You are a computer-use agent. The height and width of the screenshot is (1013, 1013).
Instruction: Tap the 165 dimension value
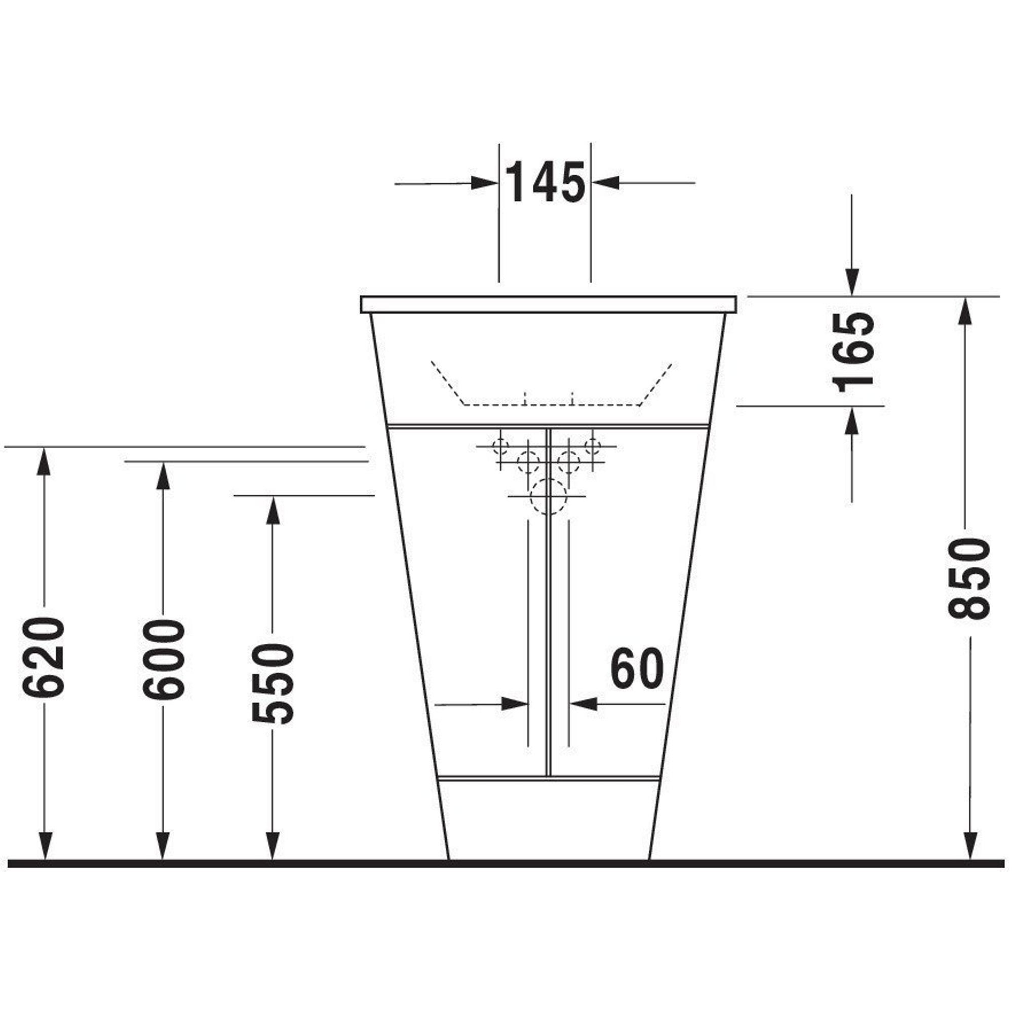(853, 353)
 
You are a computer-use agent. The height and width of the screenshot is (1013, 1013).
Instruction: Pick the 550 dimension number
(272, 684)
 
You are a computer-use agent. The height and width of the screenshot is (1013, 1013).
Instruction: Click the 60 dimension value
(637, 669)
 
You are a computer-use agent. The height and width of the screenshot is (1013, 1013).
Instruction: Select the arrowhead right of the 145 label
(605, 183)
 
